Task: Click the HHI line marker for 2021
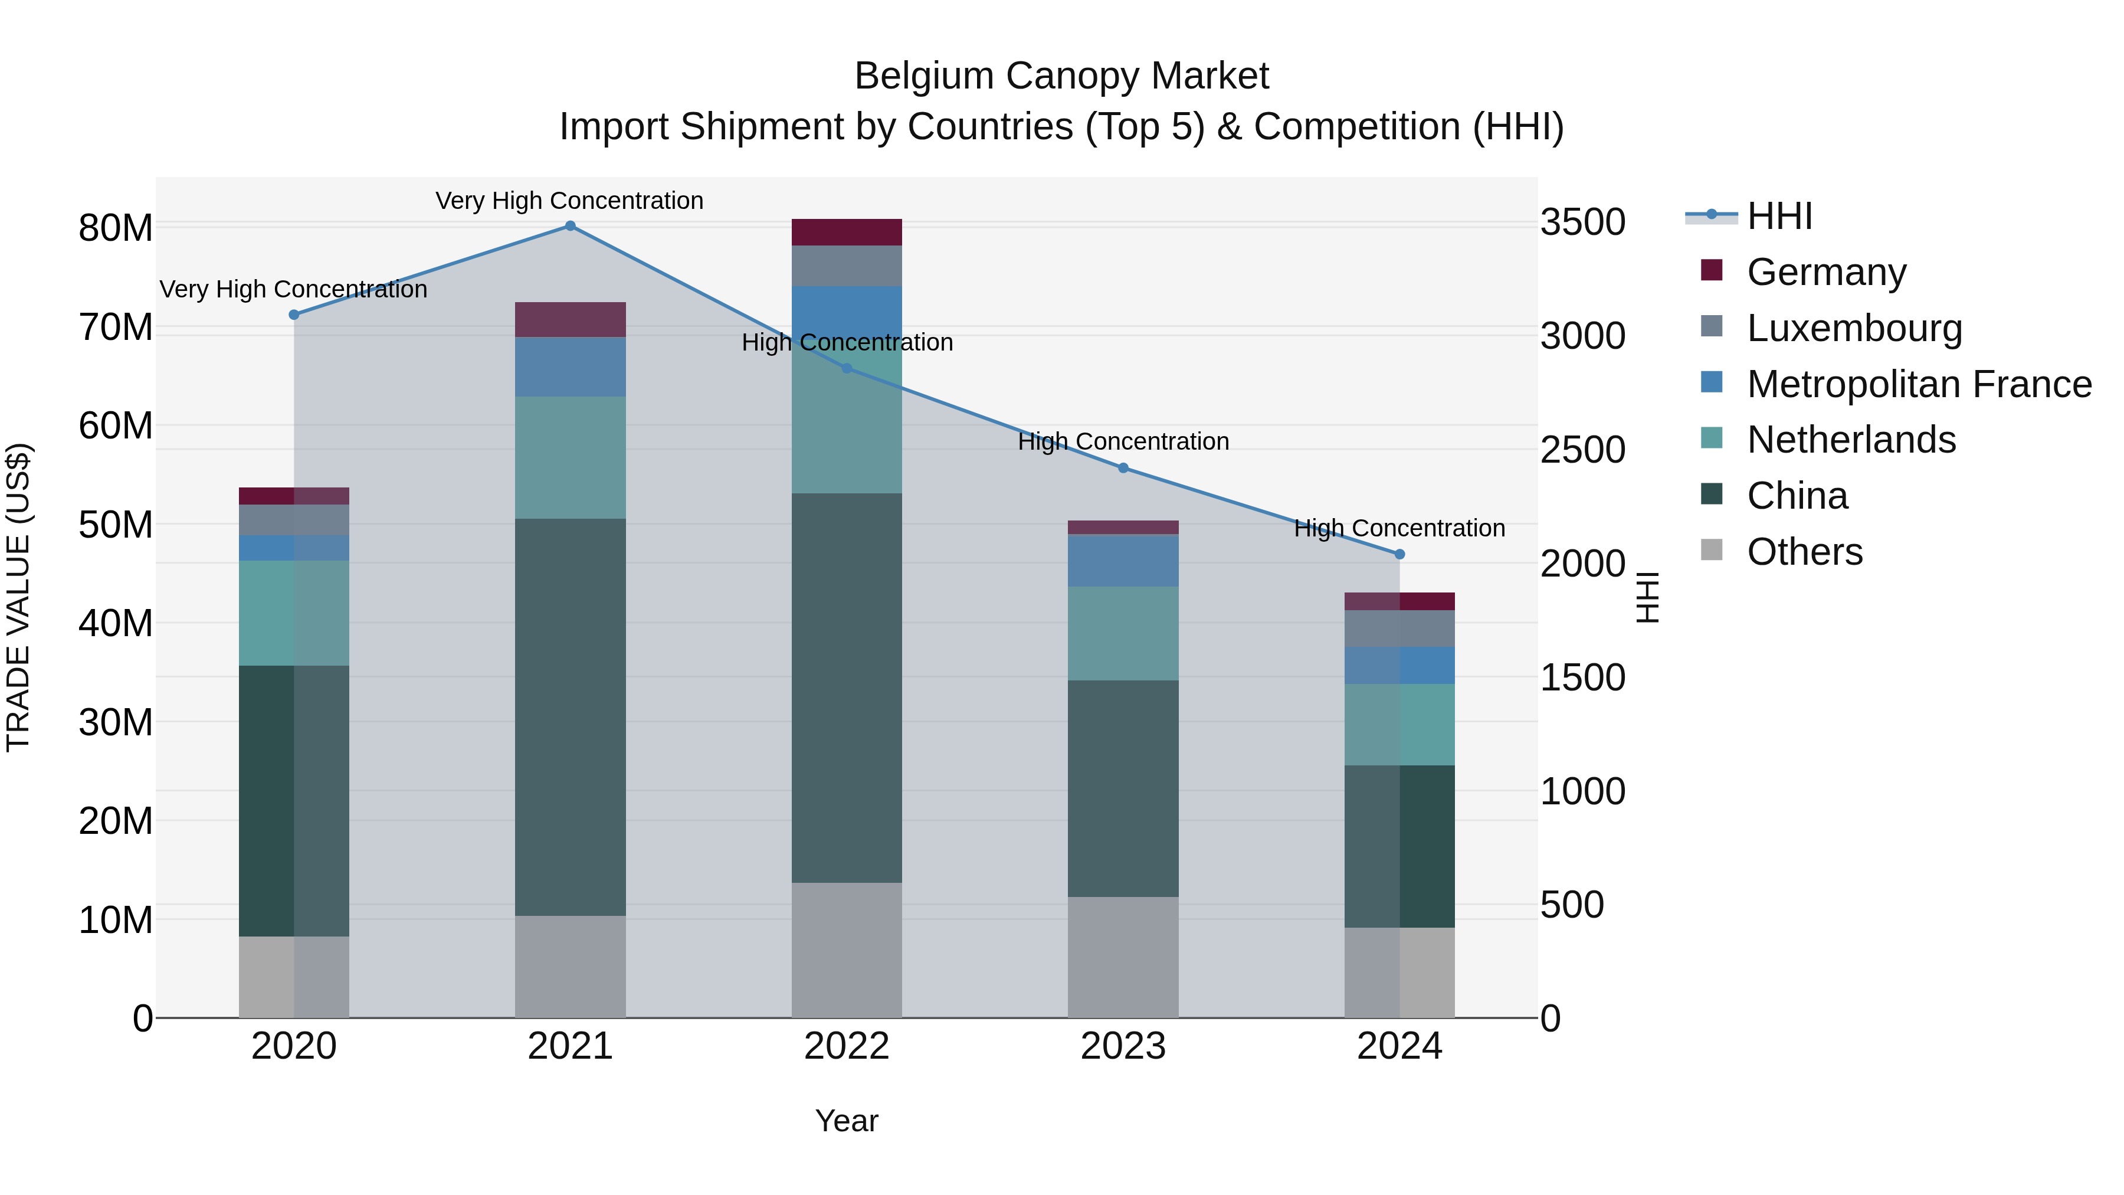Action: [x=570, y=226]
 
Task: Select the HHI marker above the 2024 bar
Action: [x=1399, y=554]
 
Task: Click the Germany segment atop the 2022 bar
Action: [x=846, y=233]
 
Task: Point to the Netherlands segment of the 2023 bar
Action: [x=1122, y=633]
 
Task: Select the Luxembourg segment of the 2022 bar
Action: [x=846, y=266]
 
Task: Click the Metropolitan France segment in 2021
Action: [x=570, y=367]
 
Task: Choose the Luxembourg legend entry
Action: [x=1854, y=328]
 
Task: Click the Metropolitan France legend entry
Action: [x=1918, y=384]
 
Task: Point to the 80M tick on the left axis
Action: [x=116, y=228]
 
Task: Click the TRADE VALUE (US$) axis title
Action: [x=18, y=597]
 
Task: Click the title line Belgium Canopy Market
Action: [x=1061, y=76]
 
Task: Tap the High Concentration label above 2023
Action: [x=1123, y=441]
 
